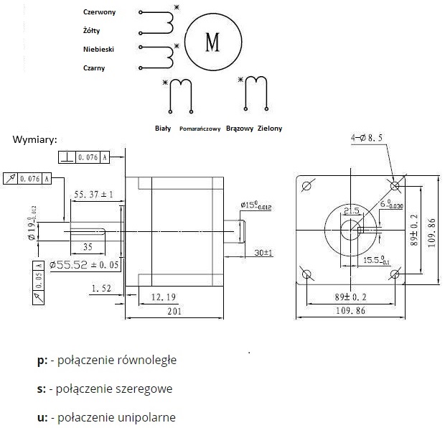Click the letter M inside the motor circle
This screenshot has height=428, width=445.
(x=212, y=42)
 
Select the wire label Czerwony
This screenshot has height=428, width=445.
(x=99, y=12)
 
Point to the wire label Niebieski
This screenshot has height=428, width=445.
(x=99, y=50)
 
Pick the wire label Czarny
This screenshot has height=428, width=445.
(x=94, y=68)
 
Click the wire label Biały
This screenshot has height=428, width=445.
(x=163, y=129)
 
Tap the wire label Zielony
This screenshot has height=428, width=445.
(x=270, y=129)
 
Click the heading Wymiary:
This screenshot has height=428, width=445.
(x=34, y=139)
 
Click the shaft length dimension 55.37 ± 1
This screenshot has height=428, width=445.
(x=95, y=195)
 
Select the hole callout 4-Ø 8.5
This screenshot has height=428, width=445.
(x=366, y=136)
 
